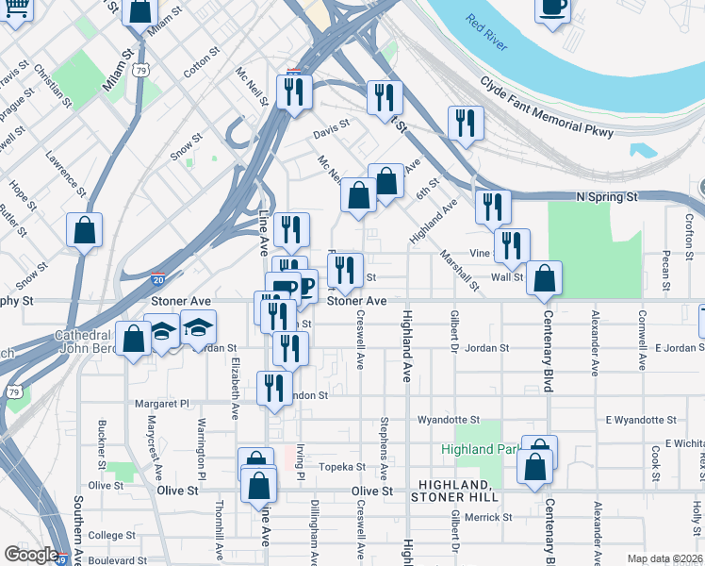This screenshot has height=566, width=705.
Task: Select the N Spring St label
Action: tap(607, 197)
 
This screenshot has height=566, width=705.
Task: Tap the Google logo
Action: tap(31, 555)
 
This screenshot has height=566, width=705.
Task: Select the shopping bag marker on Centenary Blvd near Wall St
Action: tap(544, 278)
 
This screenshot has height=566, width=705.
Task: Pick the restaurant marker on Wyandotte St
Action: tap(274, 389)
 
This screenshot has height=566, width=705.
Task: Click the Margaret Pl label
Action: tap(162, 403)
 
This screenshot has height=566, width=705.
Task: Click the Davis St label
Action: tap(331, 123)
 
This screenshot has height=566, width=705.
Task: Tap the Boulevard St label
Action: tap(118, 559)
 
